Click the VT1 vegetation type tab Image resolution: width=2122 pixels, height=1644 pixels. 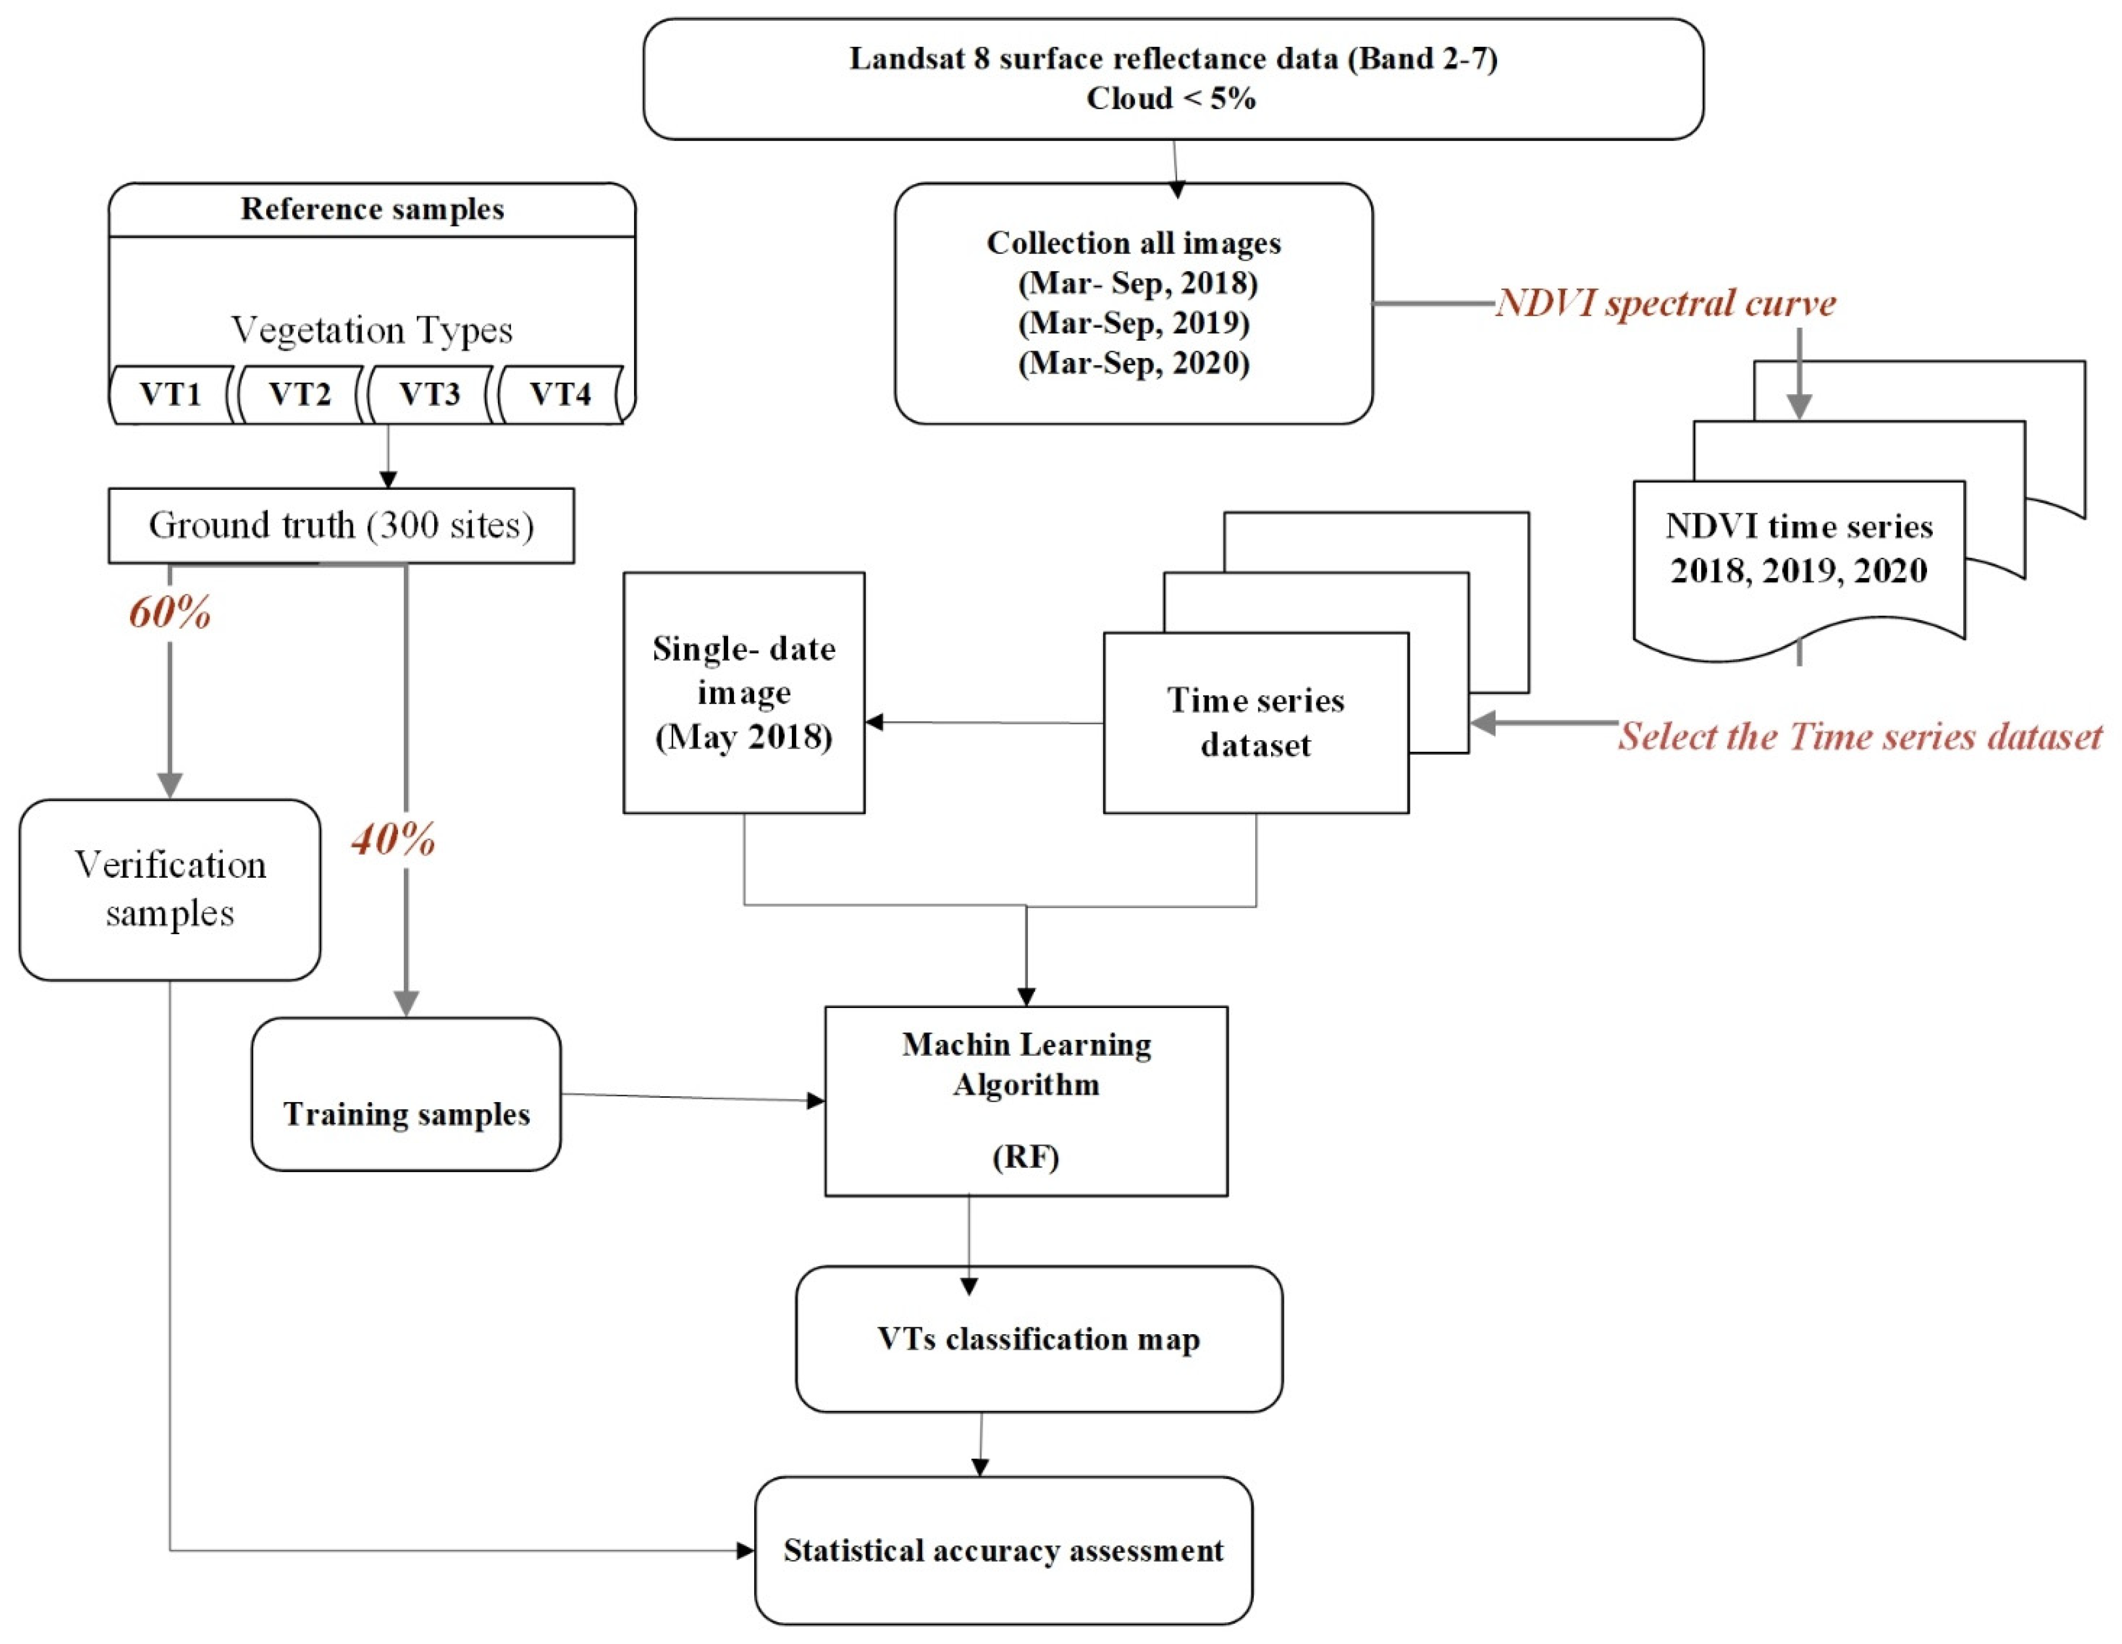171,394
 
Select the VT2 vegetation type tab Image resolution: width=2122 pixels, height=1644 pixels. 300,394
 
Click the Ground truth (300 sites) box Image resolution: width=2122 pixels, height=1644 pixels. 341,526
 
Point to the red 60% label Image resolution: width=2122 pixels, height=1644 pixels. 170,612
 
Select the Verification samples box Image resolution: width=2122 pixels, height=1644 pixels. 170,890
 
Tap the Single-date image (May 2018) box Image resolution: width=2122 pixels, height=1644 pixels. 744,693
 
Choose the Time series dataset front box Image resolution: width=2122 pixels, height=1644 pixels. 1256,723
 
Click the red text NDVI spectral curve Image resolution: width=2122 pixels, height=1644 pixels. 1666,303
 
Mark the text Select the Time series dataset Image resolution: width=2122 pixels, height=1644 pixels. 1859,736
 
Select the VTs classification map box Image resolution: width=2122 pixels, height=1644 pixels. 1038,1339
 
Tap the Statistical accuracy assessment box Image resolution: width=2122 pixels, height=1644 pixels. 1004,1550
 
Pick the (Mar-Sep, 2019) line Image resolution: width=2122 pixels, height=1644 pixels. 1134,323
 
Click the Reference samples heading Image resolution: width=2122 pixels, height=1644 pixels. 372,209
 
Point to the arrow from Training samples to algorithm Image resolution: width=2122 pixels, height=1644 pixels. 694,1098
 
